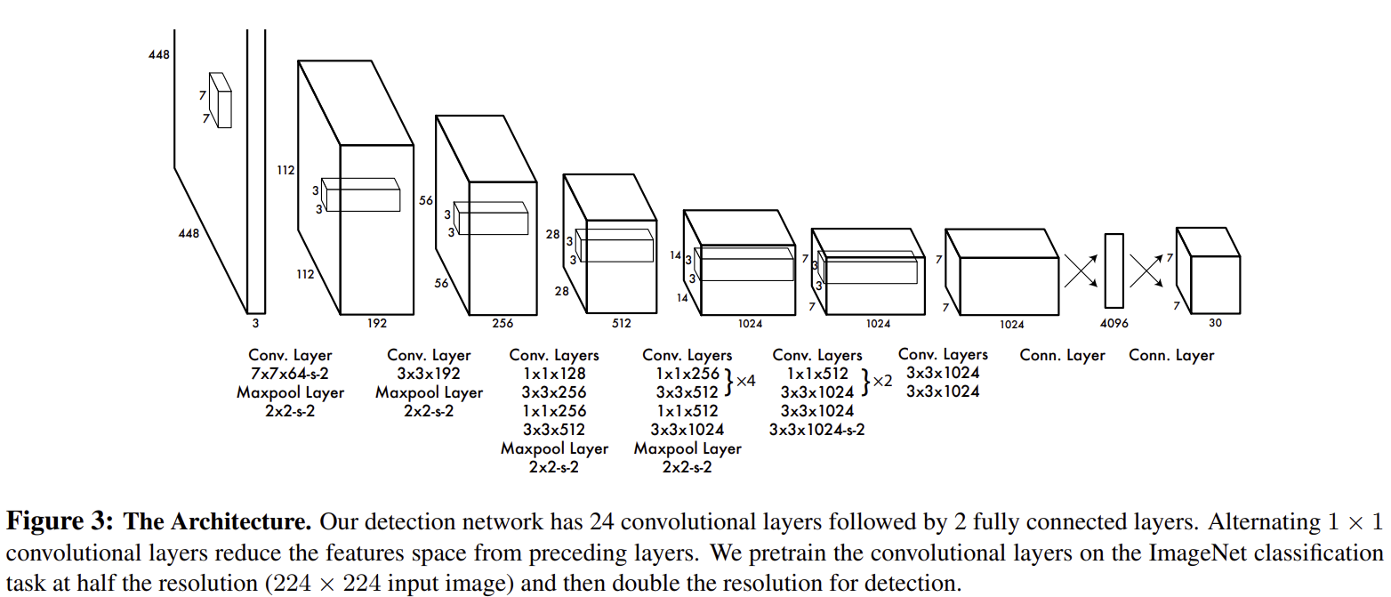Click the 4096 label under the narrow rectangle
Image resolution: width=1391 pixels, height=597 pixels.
pos(1114,324)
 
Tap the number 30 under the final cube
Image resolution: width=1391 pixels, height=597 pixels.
pos(1215,323)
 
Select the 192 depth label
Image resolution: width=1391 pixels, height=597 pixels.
pos(377,324)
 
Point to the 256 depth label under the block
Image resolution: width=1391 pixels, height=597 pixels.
pos(503,324)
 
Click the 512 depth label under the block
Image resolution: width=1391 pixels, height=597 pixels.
pos(621,324)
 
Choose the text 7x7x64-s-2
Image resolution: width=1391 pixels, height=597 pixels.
pos(290,374)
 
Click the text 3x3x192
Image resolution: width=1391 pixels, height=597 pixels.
pos(429,374)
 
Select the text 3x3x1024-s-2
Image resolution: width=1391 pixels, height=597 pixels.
pos(816,430)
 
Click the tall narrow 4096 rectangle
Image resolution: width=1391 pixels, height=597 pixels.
pos(1114,270)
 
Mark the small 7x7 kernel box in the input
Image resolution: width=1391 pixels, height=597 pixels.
pos(220,100)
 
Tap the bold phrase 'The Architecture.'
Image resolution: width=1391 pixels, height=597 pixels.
pos(218,520)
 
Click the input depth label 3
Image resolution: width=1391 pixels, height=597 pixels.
pos(255,324)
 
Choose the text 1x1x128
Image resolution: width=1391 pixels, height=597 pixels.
pos(554,374)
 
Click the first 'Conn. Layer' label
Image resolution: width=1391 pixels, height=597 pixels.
pos(1062,355)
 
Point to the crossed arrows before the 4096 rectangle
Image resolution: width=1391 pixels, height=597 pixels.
pos(1081,270)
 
